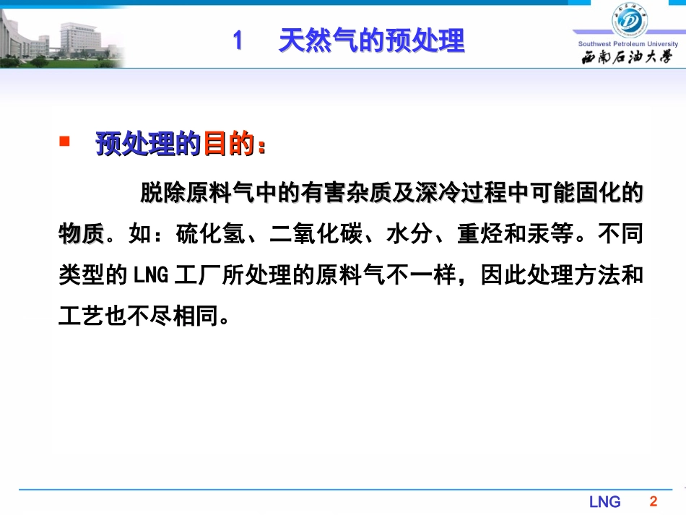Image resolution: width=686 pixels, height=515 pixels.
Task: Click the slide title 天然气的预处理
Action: pyautogui.click(x=371, y=41)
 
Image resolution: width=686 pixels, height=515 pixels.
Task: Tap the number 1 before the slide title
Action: pyautogui.click(x=238, y=41)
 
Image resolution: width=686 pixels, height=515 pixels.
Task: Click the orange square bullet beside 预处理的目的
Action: pyautogui.click(x=64, y=142)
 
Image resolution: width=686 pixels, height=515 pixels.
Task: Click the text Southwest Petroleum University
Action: pyautogui.click(x=628, y=44)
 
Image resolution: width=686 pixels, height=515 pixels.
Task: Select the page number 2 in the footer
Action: pyautogui.click(x=654, y=501)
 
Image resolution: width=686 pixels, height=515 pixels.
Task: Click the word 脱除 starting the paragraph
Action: pyautogui.click(x=160, y=194)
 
